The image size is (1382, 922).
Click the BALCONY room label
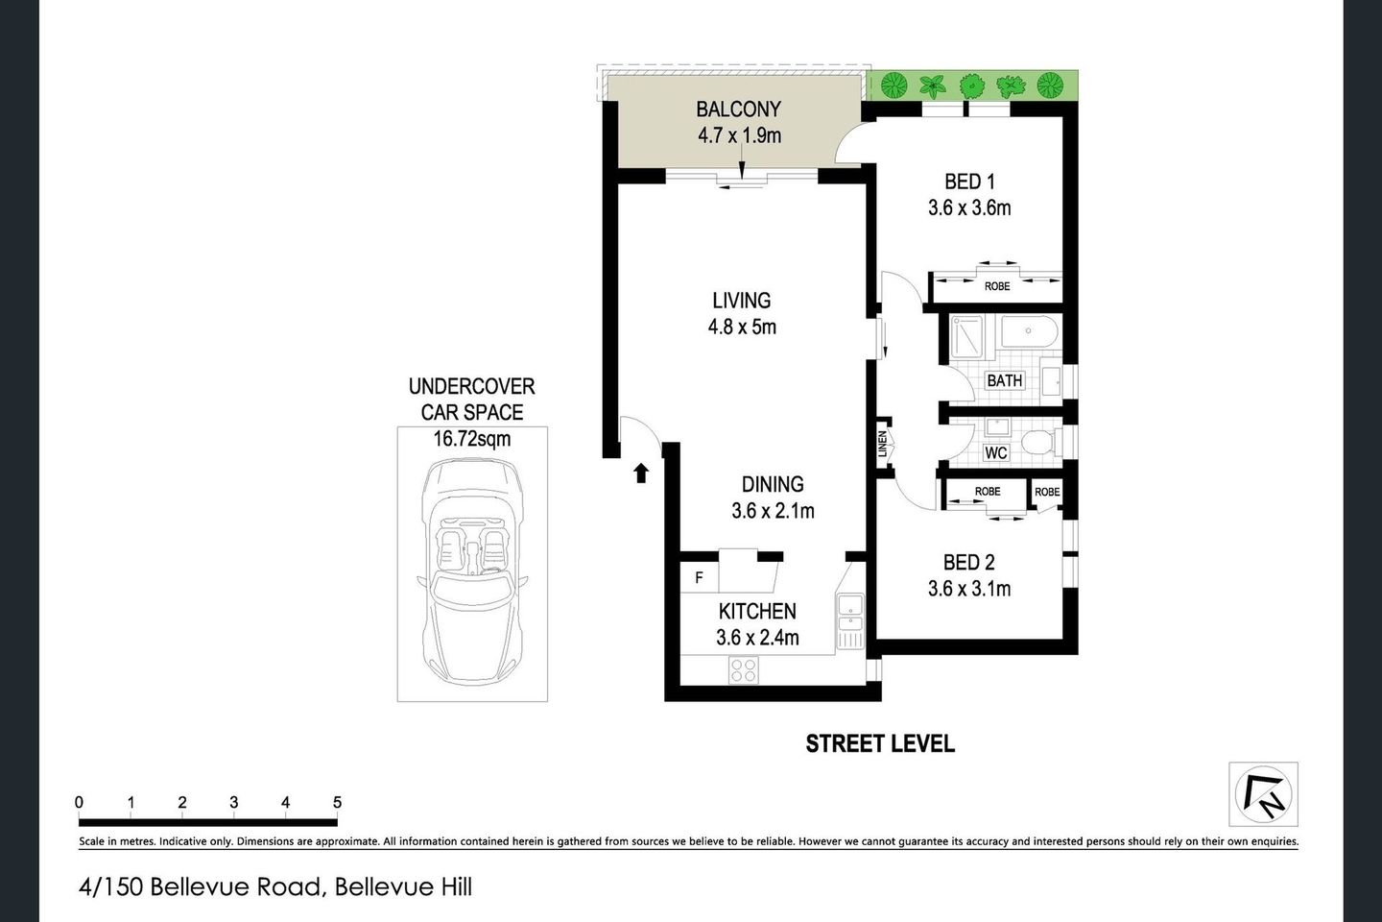[x=738, y=109]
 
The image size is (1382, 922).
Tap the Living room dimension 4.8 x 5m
[x=741, y=327]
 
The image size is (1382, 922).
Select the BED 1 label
[x=968, y=182]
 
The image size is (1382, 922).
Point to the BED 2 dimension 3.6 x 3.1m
[x=968, y=589]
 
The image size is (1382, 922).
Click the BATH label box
[x=1004, y=380]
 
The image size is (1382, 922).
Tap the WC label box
[x=996, y=452]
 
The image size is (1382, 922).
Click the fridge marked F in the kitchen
[x=699, y=578]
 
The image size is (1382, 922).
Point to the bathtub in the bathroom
[x=1028, y=334]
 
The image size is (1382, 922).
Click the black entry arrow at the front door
[x=641, y=472]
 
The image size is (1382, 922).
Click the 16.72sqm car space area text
[x=471, y=439]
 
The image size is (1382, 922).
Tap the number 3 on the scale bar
[x=233, y=802]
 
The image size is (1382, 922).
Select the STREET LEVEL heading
[x=879, y=743]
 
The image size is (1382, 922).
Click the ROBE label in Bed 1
[x=997, y=286]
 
